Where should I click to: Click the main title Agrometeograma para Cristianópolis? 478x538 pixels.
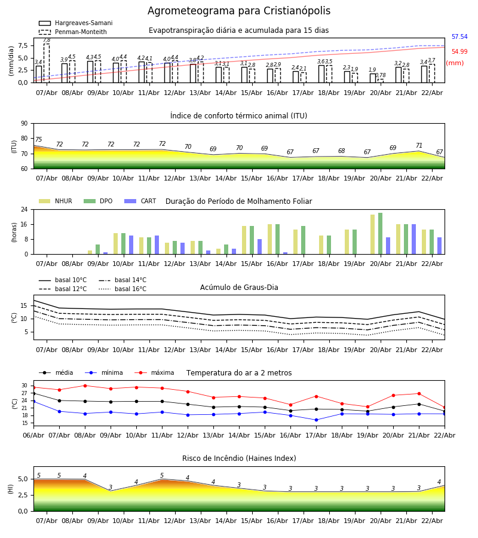[x=239, y=11]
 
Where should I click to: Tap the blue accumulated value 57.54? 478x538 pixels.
[x=459, y=37]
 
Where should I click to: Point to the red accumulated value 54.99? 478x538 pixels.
[x=459, y=52]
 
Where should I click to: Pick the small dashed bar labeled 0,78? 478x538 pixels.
[x=381, y=81]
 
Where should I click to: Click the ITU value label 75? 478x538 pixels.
[x=38, y=140]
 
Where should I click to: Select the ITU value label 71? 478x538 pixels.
[x=419, y=146]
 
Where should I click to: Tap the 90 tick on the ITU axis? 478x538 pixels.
[x=24, y=123]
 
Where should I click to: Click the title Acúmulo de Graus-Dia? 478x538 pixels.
[x=239, y=288]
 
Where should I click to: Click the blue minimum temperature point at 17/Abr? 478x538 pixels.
[x=316, y=420]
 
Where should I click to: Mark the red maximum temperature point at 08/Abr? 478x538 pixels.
[x=85, y=386]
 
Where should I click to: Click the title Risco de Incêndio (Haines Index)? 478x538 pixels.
[x=239, y=458]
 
